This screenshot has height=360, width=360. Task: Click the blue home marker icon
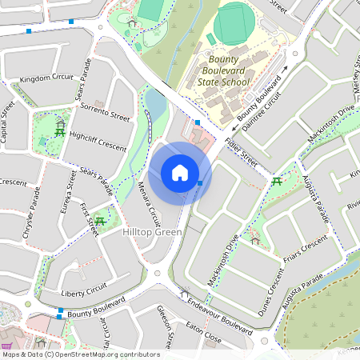pos(180,173)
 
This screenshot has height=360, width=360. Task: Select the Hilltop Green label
pos(153,232)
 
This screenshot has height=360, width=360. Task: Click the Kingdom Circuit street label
pos(46,78)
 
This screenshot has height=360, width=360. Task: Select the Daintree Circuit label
pos(264,109)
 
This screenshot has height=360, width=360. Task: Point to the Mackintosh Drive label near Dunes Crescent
pos(223,263)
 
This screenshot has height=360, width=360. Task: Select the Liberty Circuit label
pos(83,287)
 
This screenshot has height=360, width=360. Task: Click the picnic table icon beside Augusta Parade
pos(277,182)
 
